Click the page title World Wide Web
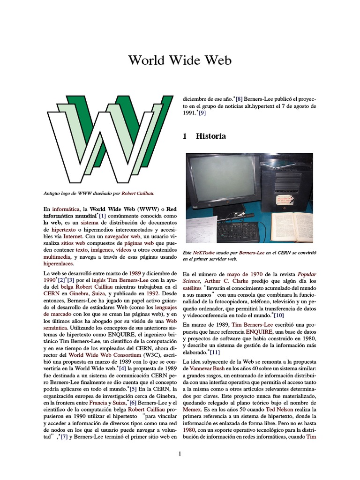pyautogui.click(x=180, y=61)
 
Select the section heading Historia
pyautogui.click(x=211, y=136)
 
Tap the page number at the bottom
pyautogui.click(x=180, y=453)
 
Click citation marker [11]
pyautogui.click(x=215, y=352)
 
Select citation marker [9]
pyautogui.click(x=202, y=113)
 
